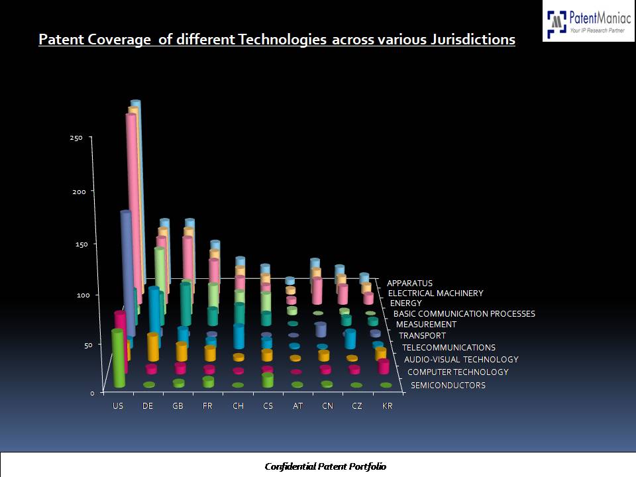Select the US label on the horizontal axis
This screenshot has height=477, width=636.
tap(118, 406)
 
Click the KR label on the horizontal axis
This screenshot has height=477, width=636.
tap(388, 406)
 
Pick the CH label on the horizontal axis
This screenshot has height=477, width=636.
tap(238, 406)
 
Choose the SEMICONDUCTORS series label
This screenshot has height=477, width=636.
tap(448, 385)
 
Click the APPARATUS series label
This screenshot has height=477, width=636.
tap(409, 283)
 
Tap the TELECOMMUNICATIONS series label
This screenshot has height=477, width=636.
tap(449, 347)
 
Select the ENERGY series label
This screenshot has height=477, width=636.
tap(406, 303)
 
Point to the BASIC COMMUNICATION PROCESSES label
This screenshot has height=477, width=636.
tap(464, 313)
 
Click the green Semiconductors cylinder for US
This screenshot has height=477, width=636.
tap(118, 358)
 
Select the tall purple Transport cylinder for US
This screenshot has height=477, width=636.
tap(127, 272)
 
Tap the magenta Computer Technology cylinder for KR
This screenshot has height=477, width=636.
tap(384, 366)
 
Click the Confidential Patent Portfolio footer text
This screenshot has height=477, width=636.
tap(325, 466)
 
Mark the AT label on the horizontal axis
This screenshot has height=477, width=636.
tap(297, 406)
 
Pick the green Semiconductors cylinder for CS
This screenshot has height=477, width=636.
tap(268, 380)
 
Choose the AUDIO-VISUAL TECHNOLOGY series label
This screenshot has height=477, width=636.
tap(461, 359)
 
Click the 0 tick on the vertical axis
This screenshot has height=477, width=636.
tap(93, 392)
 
